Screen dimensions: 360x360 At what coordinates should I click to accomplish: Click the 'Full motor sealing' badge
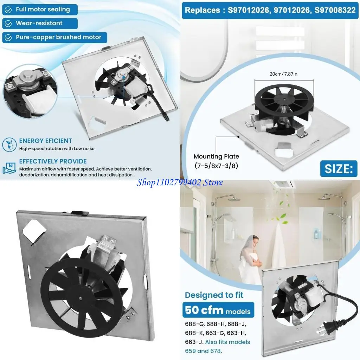(x=40, y=9)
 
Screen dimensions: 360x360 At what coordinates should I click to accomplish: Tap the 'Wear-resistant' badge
(x=40, y=23)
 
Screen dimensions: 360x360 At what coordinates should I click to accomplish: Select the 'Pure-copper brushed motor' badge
(x=54, y=37)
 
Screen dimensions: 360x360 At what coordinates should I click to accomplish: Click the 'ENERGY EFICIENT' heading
(x=46, y=141)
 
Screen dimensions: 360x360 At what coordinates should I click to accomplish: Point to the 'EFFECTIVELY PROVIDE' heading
(x=53, y=161)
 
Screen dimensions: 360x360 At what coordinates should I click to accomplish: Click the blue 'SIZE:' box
(x=338, y=169)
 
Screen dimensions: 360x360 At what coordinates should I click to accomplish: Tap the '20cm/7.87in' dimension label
(x=284, y=74)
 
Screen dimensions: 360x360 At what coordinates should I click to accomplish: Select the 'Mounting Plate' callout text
(x=216, y=156)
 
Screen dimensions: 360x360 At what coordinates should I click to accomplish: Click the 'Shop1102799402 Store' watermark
(x=180, y=182)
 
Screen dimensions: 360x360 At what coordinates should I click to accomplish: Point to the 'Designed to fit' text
(x=214, y=295)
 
